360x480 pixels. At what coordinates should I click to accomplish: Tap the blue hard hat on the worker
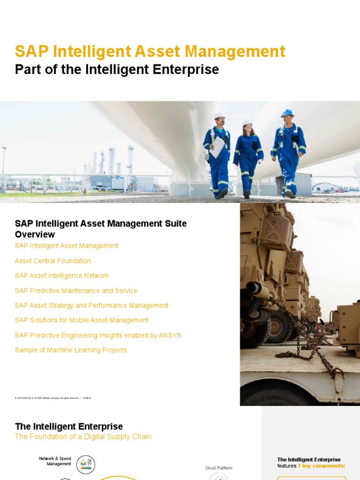tap(287, 113)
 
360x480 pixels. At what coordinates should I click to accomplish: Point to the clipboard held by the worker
tap(217, 147)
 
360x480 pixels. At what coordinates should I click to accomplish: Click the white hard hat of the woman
tap(247, 123)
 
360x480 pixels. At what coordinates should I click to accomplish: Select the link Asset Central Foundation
tap(53, 261)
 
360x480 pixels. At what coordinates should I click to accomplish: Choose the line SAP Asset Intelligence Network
tap(62, 276)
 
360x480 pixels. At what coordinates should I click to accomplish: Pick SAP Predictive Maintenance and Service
tap(76, 291)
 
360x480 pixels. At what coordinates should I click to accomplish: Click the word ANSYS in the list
tap(170, 335)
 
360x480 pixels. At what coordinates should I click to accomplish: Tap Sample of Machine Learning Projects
tap(71, 350)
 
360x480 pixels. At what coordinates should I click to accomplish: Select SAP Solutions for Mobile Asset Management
tap(82, 320)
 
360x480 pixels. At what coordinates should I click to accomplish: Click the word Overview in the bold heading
tap(35, 234)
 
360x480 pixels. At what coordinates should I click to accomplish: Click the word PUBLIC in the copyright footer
tap(87, 398)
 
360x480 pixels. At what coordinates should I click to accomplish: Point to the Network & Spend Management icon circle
tap(86, 465)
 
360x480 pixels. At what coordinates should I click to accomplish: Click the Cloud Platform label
tap(218, 468)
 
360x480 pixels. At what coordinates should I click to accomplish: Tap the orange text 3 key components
tap(321, 466)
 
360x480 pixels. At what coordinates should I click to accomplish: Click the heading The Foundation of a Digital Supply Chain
tap(83, 436)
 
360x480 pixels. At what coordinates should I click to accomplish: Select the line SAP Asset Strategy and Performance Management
tap(91, 305)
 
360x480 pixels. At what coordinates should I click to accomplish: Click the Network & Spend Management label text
tap(55, 461)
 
